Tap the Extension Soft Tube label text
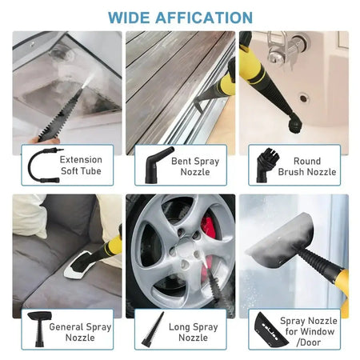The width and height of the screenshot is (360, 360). pos(81,166)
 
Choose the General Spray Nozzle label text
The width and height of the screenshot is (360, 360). pos(81,332)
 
